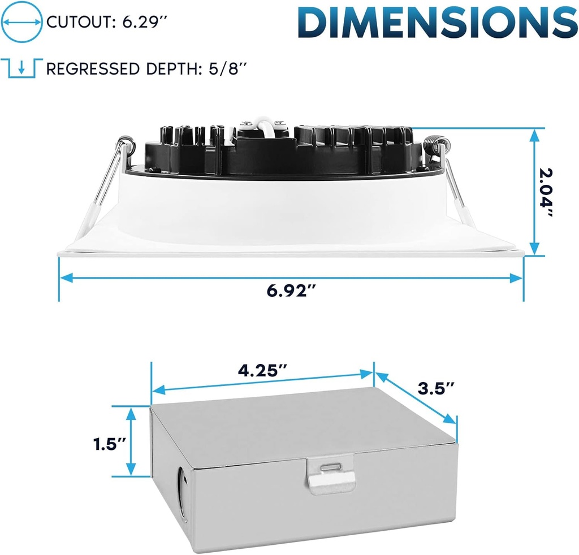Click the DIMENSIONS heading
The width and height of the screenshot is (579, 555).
point(438,22)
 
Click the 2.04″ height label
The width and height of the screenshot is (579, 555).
point(546,192)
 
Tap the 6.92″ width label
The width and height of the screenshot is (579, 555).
point(292,291)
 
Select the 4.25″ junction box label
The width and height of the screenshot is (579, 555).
point(262,371)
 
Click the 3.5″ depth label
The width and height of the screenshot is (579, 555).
point(436,388)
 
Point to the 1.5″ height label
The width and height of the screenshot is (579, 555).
point(110,444)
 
